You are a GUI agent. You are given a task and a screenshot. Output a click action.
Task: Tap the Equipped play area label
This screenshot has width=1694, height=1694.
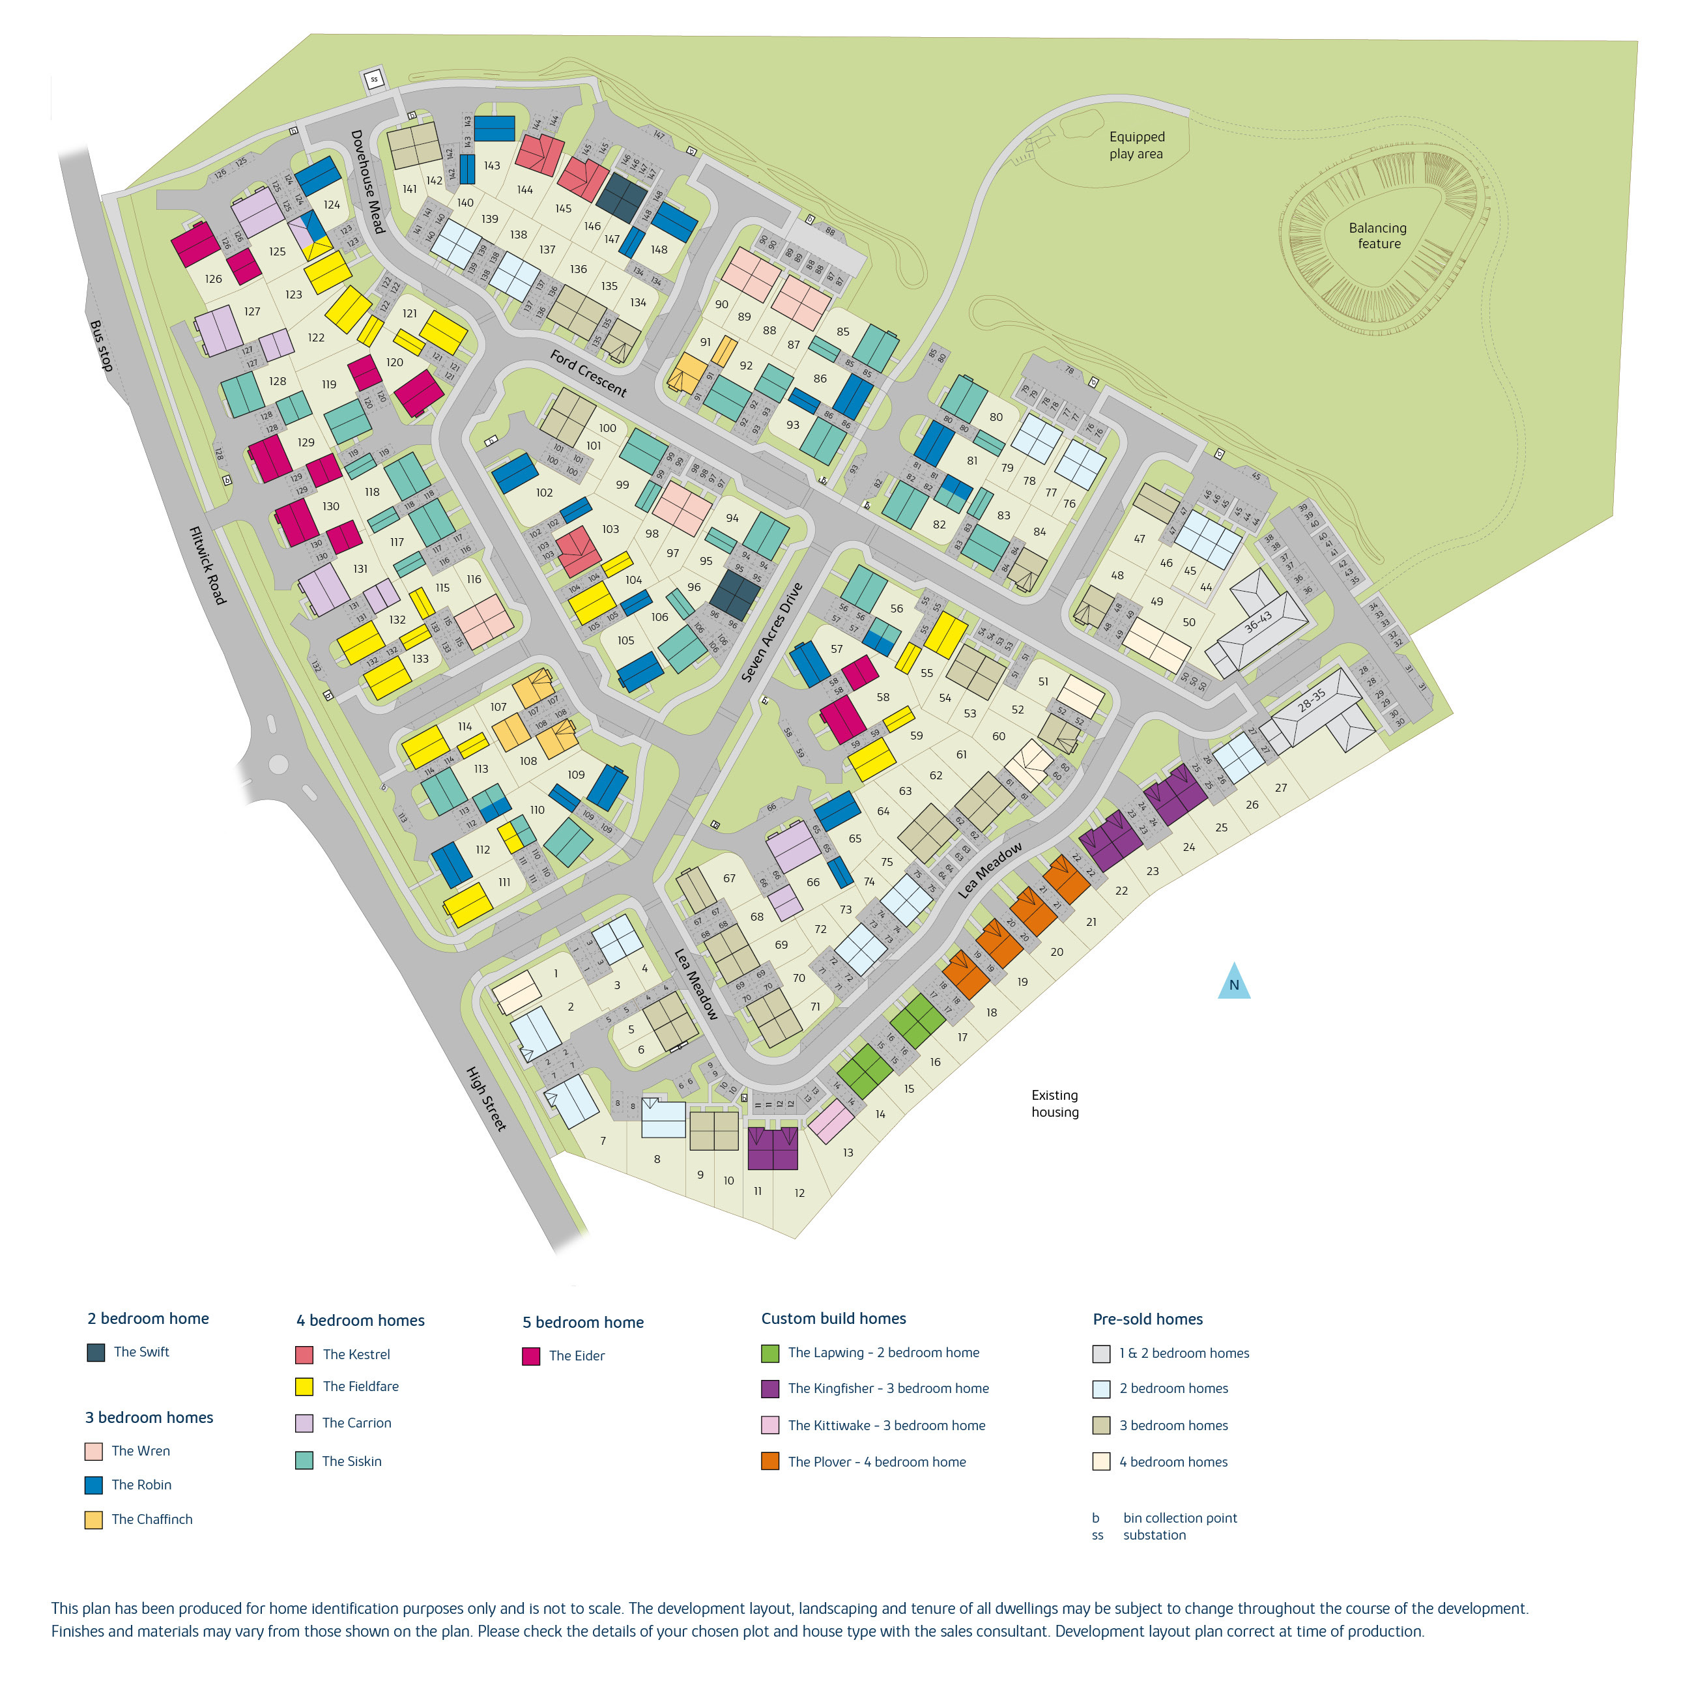pyautogui.click(x=1136, y=145)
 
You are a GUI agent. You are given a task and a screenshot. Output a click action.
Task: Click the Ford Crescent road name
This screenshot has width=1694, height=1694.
pyautogui.click(x=588, y=373)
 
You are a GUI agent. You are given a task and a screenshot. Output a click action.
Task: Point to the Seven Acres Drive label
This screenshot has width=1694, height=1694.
pyautogui.click(x=771, y=632)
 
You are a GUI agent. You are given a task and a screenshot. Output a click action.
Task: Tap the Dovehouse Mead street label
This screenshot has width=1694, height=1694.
pyautogui.click(x=368, y=182)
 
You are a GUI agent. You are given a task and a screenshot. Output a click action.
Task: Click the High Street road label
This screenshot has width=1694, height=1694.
pyautogui.click(x=486, y=1098)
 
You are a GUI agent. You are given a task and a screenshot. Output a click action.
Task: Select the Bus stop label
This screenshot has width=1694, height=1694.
pyautogui.click(x=102, y=345)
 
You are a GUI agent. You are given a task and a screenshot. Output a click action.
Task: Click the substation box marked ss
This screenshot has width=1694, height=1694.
pyautogui.click(x=375, y=79)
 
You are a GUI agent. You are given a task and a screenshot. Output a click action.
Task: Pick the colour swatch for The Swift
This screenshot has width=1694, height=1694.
pyautogui.click(x=96, y=1352)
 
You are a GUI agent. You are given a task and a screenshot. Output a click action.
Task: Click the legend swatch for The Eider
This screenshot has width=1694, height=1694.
pyautogui.click(x=530, y=1357)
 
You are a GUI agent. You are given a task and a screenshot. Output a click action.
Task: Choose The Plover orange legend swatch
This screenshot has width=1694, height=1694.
pyautogui.click(x=770, y=1461)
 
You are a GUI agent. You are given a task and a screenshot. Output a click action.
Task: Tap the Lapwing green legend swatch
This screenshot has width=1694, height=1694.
pyautogui.click(x=770, y=1353)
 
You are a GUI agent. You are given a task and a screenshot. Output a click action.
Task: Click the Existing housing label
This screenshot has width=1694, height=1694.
pyautogui.click(x=1055, y=1103)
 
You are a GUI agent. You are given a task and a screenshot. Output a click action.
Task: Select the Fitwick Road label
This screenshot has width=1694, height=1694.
pyautogui.click(x=208, y=566)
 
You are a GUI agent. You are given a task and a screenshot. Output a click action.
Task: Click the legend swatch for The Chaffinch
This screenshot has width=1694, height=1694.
pyautogui.click(x=94, y=1519)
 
